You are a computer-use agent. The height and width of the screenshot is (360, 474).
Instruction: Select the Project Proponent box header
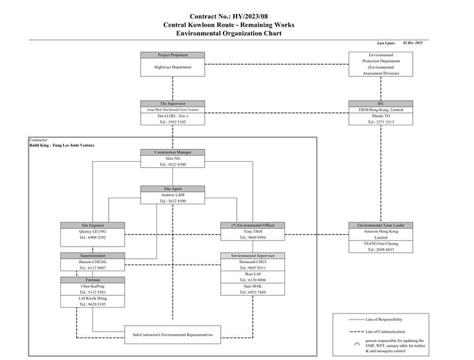coord(172,55)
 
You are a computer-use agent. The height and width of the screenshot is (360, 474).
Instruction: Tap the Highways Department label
coord(172,67)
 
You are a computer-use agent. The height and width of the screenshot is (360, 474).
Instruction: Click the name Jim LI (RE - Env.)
coord(172,115)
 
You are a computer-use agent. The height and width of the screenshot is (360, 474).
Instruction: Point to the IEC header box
coord(381,103)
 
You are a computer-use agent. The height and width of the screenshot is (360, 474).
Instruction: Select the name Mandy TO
coord(381,115)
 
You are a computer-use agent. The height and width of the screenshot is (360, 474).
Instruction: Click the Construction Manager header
coord(172,152)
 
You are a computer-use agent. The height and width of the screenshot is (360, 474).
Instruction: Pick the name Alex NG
coord(172,158)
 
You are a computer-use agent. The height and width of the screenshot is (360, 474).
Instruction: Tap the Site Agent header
coord(172,188)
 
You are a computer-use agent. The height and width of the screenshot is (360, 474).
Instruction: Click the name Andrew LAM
coord(172,195)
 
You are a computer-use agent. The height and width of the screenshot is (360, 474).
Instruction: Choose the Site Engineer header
coord(93,225)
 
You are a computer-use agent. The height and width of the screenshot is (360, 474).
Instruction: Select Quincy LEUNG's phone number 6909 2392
coord(93,237)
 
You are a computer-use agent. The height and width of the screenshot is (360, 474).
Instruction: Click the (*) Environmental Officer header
coord(253,225)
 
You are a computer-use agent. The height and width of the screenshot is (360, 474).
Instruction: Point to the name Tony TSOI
coord(253,231)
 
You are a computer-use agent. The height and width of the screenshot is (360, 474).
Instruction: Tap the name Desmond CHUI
coord(253,262)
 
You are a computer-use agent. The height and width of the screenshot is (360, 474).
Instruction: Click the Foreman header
coord(93,280)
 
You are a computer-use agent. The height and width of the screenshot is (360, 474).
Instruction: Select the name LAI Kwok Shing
coord(93,298)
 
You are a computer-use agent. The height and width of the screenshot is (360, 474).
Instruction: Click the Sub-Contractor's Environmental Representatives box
coord(172,335)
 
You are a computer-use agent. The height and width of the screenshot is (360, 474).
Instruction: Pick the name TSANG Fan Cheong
coord(381,243)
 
